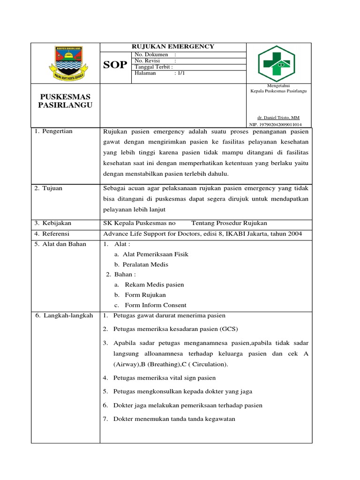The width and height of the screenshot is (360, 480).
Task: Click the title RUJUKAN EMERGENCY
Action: (173, 46)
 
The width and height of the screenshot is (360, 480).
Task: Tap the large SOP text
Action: (115, 65)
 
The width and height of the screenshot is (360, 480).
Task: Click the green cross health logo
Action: (277, 64)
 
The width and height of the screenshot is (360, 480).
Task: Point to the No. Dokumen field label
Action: (151, 55)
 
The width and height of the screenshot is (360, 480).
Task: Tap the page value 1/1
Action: (180, 73)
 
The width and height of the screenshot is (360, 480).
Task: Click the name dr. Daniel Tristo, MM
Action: (278, 118)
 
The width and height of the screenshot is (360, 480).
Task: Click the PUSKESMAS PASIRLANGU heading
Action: (65, 101)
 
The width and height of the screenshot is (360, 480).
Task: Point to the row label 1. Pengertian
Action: (54, 131)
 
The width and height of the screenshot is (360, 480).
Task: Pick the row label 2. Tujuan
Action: (49, 188)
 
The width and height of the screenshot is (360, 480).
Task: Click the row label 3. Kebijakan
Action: (53, 223)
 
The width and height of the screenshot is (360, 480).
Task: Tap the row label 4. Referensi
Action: (52, 233)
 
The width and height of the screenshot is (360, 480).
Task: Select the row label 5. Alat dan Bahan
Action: (61, 244)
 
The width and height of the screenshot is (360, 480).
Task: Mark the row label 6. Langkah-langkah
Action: (64, 316)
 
